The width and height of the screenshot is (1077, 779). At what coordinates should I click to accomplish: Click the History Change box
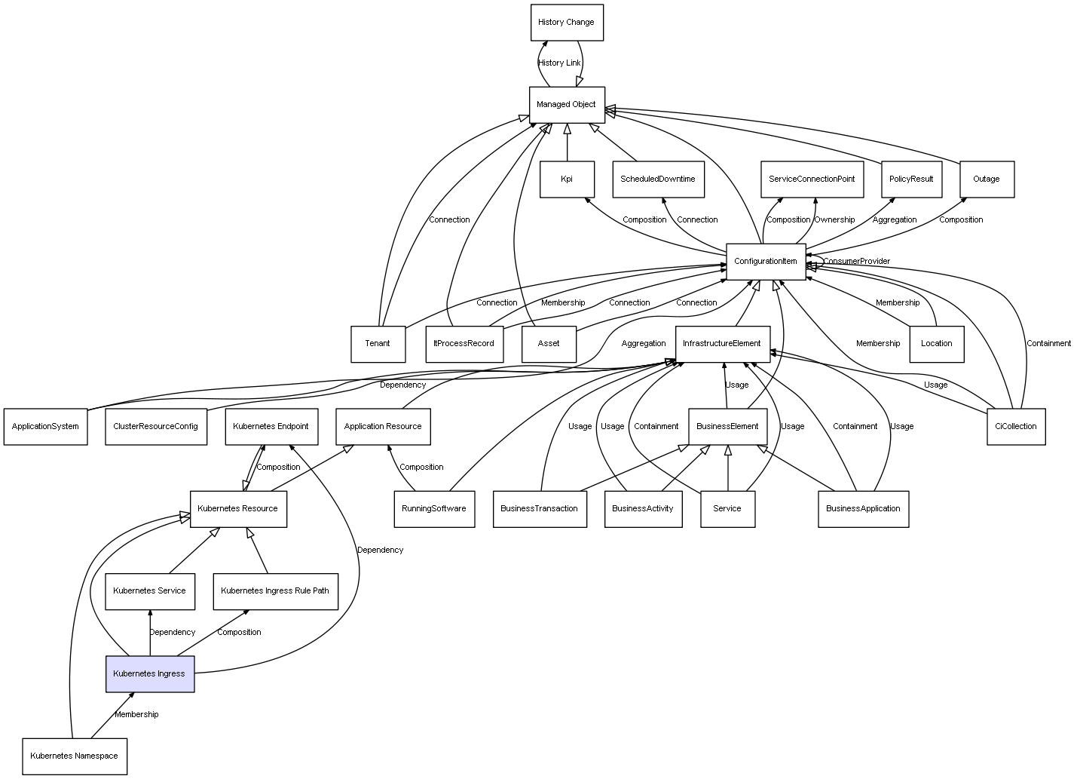566,23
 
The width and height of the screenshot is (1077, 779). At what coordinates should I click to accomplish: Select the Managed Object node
566,105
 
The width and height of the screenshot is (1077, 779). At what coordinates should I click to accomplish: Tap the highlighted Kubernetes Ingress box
149,673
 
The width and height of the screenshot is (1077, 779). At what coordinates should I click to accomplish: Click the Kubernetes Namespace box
74,756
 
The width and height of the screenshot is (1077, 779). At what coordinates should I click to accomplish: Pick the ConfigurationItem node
766,262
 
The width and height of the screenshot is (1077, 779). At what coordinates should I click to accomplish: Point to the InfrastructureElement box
722,344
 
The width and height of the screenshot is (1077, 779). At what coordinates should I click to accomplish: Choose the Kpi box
567,179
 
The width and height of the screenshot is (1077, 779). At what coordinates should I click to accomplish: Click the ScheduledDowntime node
658,179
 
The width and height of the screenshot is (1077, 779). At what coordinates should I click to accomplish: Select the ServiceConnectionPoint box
812,179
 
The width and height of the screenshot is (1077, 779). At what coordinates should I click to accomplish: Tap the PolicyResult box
911,179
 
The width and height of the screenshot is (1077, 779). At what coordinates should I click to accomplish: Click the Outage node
987,179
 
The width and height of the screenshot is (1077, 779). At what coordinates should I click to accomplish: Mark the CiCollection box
1015,427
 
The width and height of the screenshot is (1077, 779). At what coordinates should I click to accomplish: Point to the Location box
937,344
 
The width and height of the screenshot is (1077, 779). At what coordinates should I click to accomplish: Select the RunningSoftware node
434,509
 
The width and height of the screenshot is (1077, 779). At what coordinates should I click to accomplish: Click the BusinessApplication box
863,509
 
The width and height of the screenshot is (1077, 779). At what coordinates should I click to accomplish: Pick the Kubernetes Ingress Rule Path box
275,591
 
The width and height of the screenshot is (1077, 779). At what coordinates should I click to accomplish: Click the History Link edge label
560,63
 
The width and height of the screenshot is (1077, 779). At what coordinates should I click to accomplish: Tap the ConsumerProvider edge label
856,262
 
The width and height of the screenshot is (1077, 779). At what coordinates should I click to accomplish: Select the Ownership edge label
834,220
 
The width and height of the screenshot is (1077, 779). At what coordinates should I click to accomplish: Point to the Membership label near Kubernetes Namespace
136,715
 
